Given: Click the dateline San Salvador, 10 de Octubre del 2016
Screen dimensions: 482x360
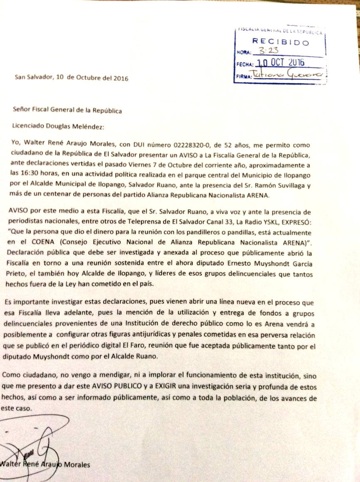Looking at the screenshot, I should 72,78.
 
